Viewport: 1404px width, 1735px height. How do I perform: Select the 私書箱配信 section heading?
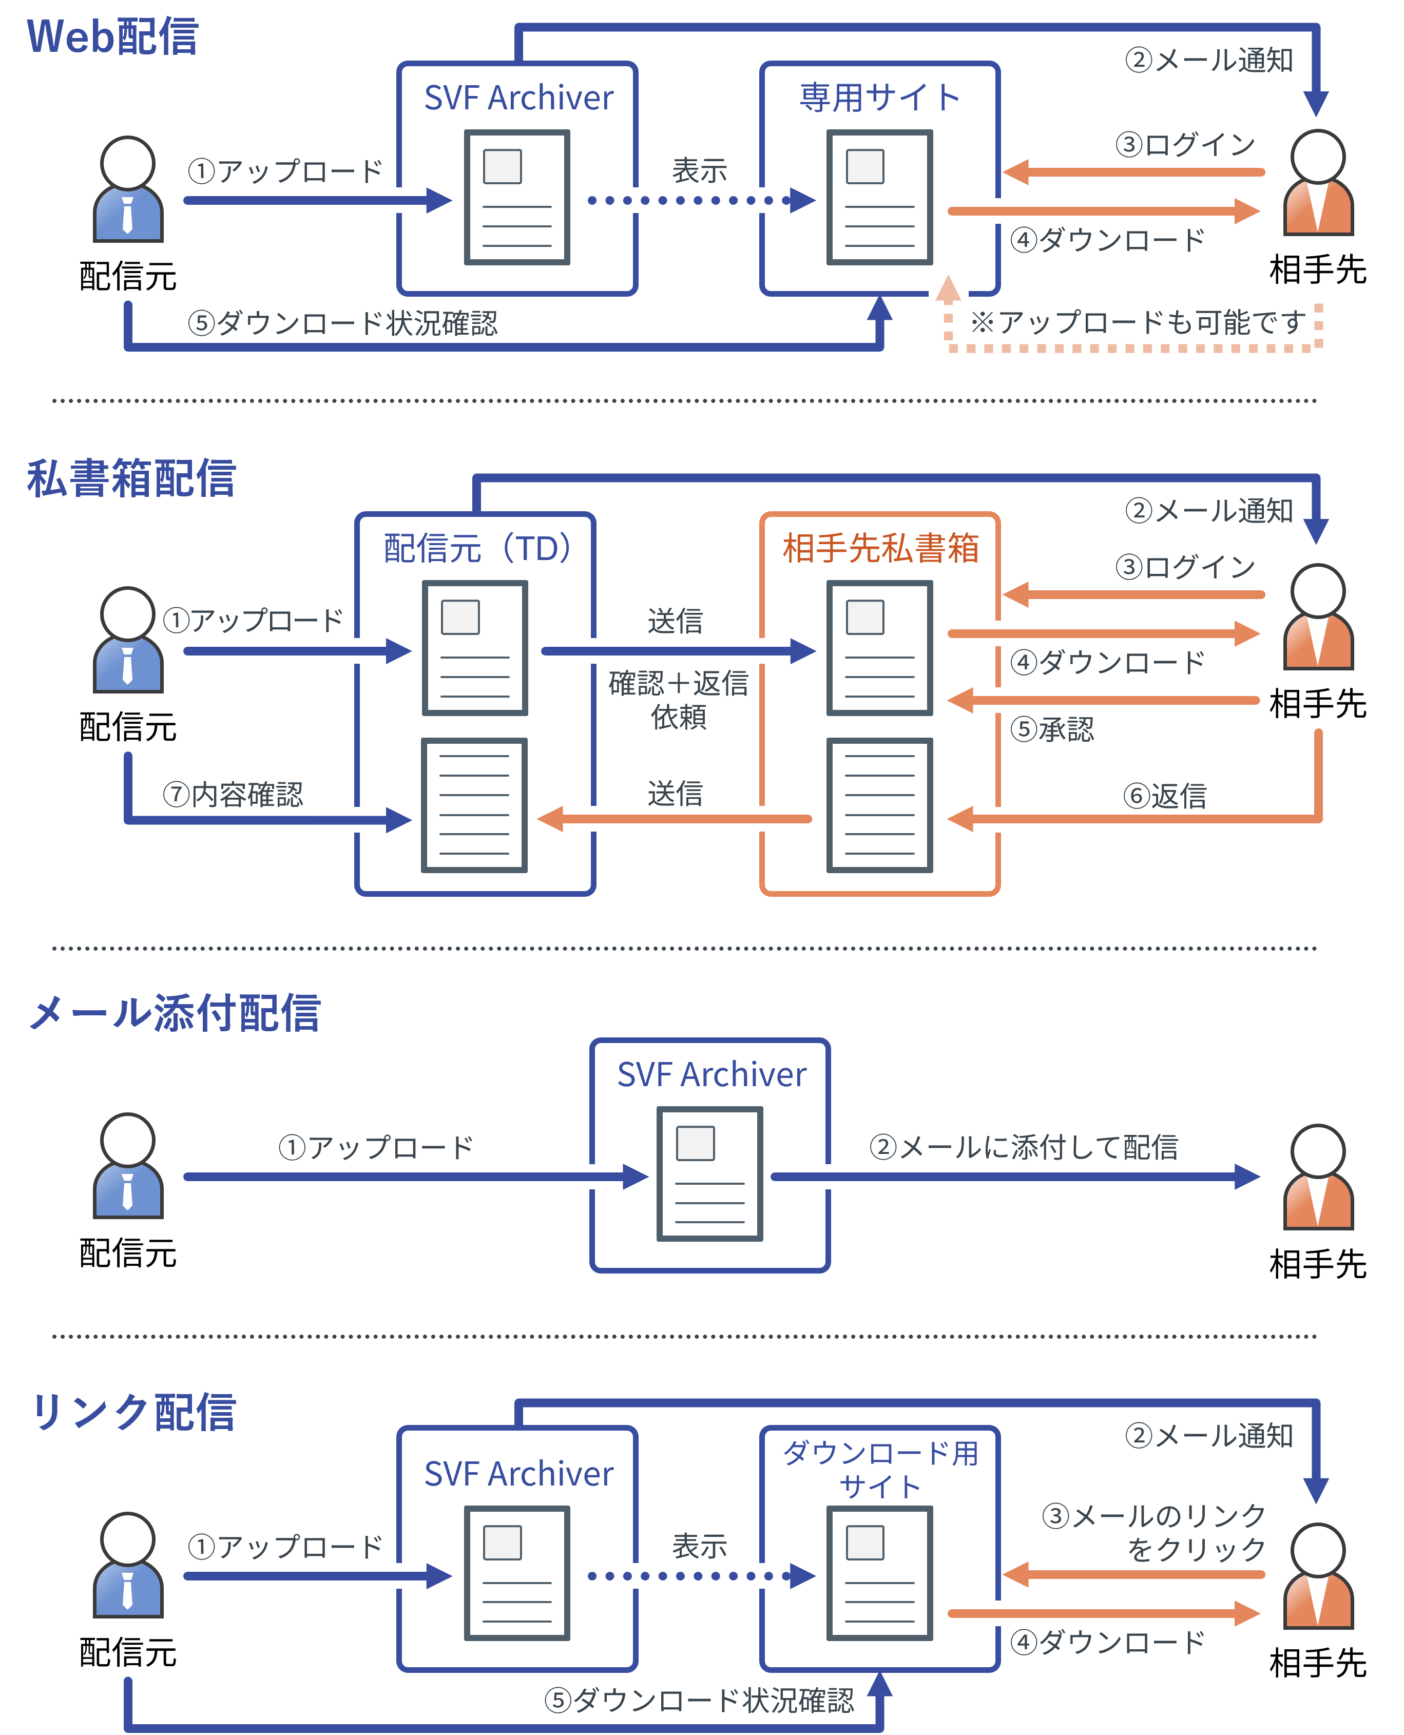click(131, 478)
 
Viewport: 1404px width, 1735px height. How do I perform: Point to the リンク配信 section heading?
click(132, 1412)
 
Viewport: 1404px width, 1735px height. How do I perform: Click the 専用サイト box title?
click(879, 97)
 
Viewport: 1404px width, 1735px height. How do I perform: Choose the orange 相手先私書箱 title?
click(881, 548)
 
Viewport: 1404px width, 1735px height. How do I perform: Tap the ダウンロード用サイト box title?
click(881, 1468)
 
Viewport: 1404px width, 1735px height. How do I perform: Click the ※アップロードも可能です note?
click(1138, 322)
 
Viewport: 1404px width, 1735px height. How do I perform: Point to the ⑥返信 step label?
click(1165, 796)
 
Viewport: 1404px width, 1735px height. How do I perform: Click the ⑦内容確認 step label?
click(233, 794)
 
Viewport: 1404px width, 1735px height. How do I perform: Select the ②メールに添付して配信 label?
click(1024, 1146)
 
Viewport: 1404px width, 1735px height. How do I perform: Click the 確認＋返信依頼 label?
click(679, 699)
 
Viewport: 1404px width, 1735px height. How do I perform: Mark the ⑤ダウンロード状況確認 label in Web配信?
click(343, 322)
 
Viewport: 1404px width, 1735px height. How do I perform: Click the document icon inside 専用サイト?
click(880, 197)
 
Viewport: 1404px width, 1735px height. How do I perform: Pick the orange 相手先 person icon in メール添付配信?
click(1318, 1177)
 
